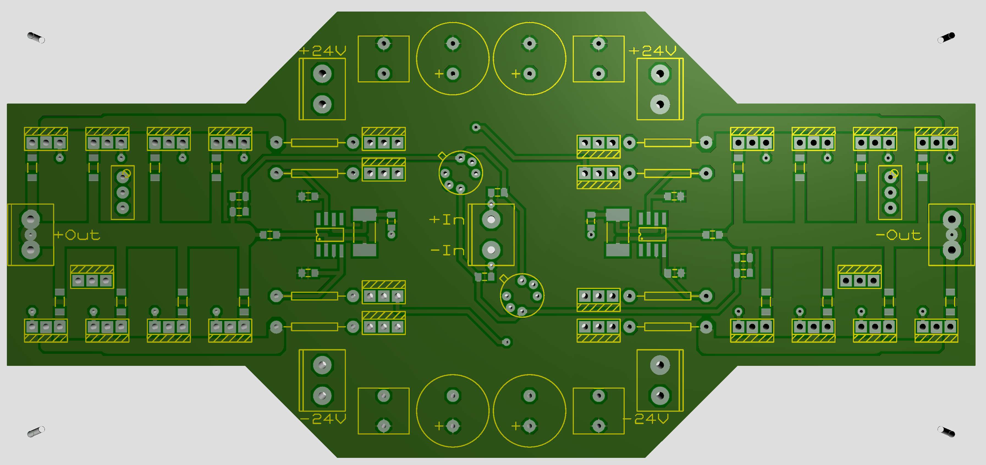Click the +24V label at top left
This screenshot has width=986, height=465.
pyautogui.click(x=323, y=51)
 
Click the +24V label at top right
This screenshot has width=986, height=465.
pyautogui.click(x=652, y=51)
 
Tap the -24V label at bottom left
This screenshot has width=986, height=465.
pyautogui.click(x=323, y=419)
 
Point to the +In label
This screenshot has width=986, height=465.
pyautogui.click(x=447, y=219)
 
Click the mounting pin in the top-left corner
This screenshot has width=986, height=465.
pyautogui.click(x=36, y=37)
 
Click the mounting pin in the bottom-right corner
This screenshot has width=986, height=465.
pyautogui.click(x=946, y=431)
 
